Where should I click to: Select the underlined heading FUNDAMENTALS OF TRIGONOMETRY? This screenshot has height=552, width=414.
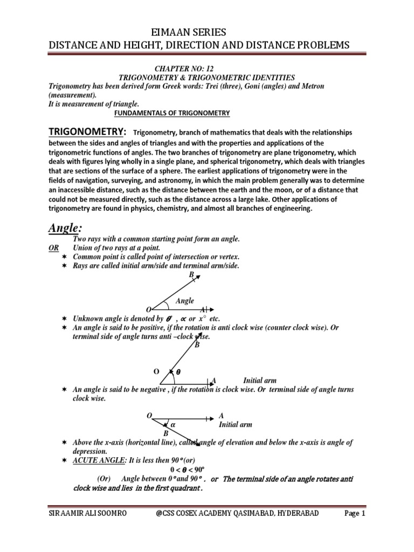click(172, 113)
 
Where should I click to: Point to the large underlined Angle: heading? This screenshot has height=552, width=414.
click(69, 228)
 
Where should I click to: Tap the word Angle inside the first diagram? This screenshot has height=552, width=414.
click(185, 301)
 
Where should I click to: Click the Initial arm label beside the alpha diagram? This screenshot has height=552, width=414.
click(235, 425)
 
